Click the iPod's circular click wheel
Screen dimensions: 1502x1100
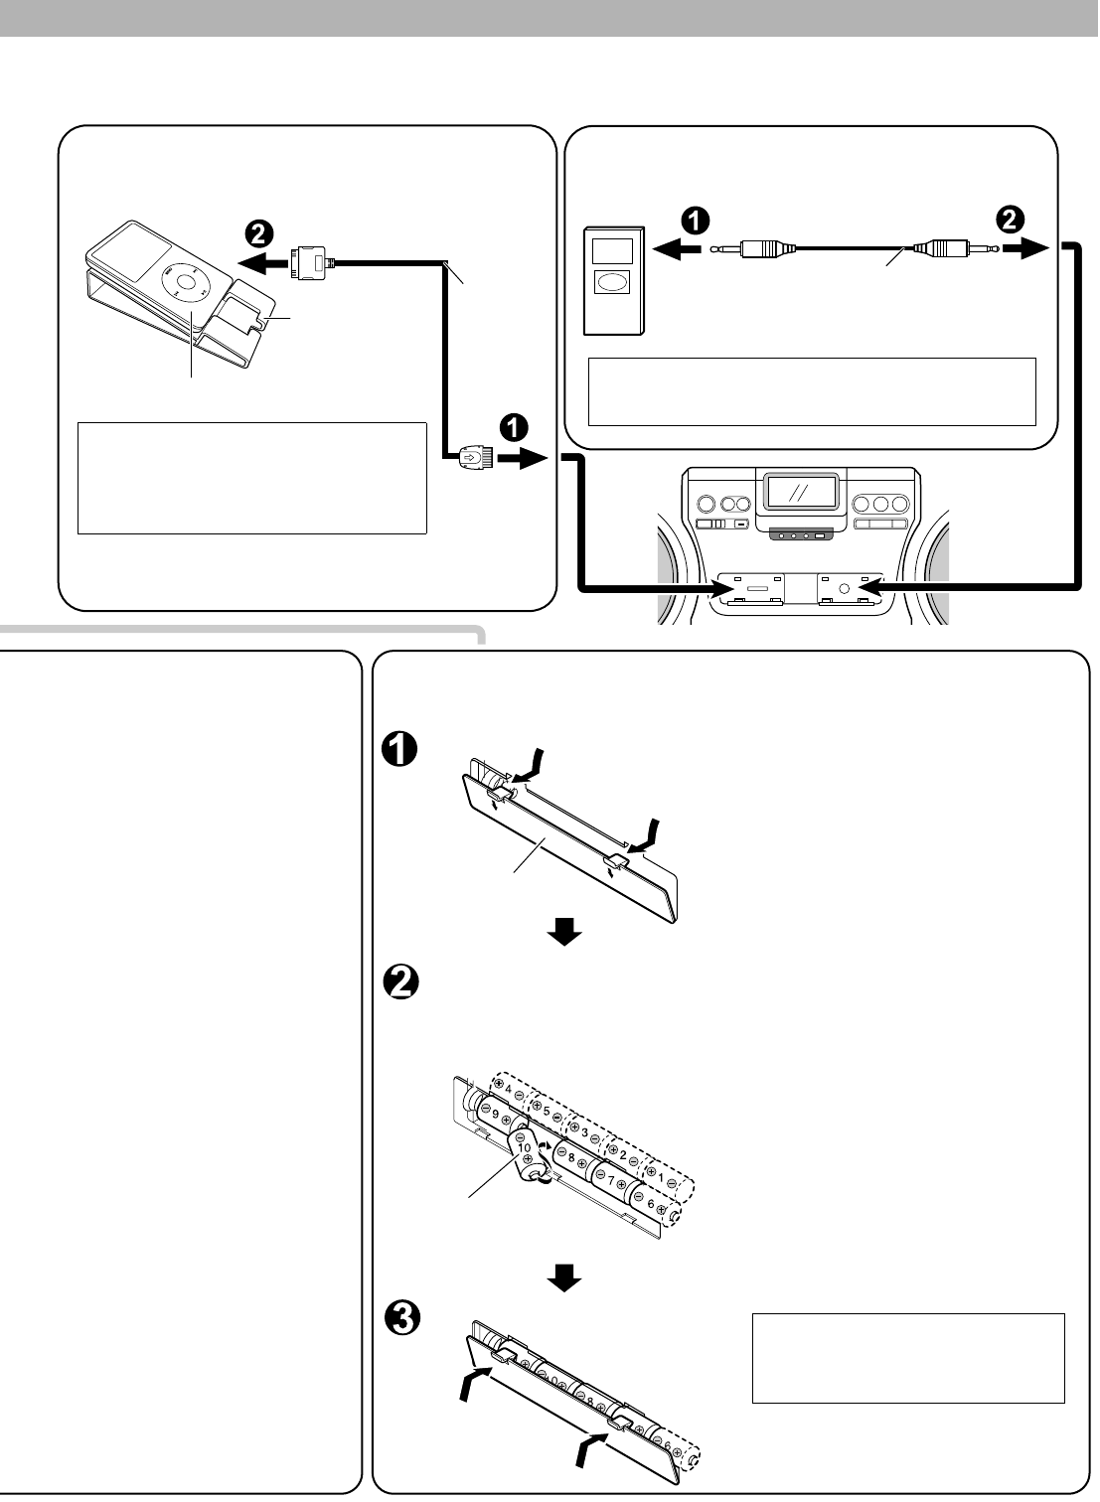point(186,283)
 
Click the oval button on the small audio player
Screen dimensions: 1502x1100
point(612,282)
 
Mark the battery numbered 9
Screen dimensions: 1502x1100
point(495,1115)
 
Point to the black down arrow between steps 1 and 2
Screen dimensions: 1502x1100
point(564,931)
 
